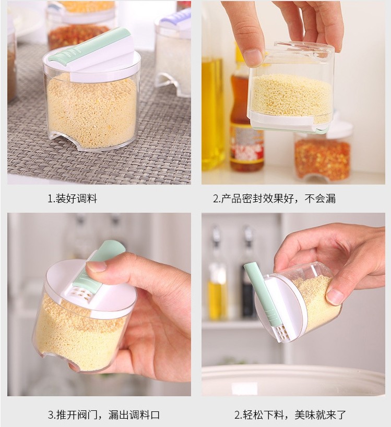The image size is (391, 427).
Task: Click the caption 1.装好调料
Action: tap(72, 199)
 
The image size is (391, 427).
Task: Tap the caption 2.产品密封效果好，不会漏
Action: tap(274, 199)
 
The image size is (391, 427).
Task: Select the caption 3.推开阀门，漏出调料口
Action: tap(104, 414)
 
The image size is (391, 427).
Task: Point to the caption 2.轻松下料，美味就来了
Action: tap(290, 414)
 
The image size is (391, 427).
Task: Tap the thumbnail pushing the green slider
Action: tap(96, 266)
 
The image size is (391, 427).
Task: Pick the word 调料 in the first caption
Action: tap(87, 199)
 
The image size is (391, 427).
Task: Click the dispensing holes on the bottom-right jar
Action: tap(281, 333)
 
